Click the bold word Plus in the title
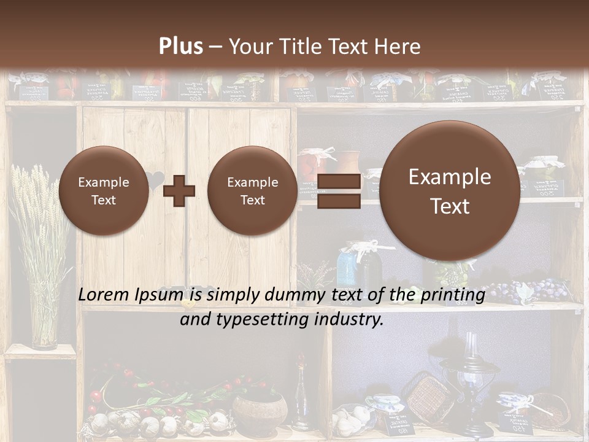point(180,47)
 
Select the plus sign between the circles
point(179,190)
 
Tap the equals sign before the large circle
point(339,190)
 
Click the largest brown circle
point(450,191)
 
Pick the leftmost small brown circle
point(104,191)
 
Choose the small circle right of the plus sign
point(252,191)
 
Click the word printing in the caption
point(453,295)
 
